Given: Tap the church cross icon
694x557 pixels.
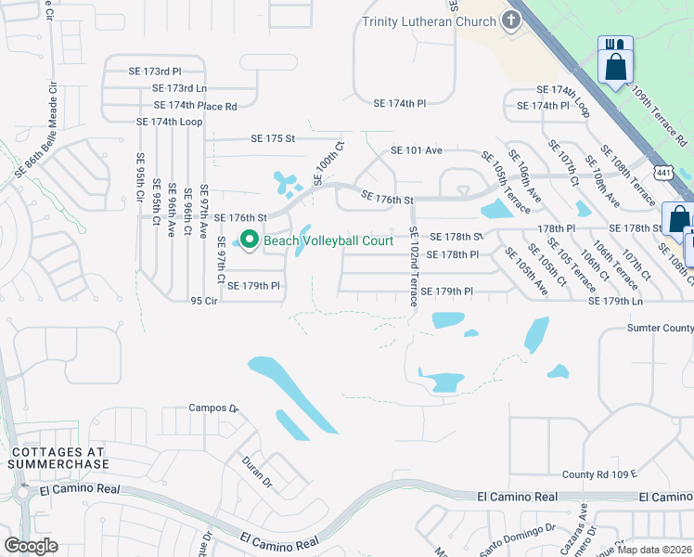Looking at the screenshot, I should point(511,20).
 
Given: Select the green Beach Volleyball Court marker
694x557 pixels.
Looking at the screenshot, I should point(249,240).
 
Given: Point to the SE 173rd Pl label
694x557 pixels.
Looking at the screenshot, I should point(155,71).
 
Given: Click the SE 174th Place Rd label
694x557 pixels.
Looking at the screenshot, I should point(195,106).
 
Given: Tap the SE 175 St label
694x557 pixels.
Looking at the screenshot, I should point(272,138).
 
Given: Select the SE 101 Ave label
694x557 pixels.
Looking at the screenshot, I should point(417,149).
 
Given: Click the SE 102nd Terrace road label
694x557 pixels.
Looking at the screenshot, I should point(414,266).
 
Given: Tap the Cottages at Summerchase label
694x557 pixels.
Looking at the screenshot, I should point(60,457).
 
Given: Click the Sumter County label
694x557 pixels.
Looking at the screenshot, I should point(660,328).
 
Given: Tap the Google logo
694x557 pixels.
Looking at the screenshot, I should point(31,545).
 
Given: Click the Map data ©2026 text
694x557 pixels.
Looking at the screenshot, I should point(652,550).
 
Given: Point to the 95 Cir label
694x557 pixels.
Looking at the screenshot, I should point(203,301).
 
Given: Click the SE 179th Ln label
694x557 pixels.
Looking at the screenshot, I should point(616,301).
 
